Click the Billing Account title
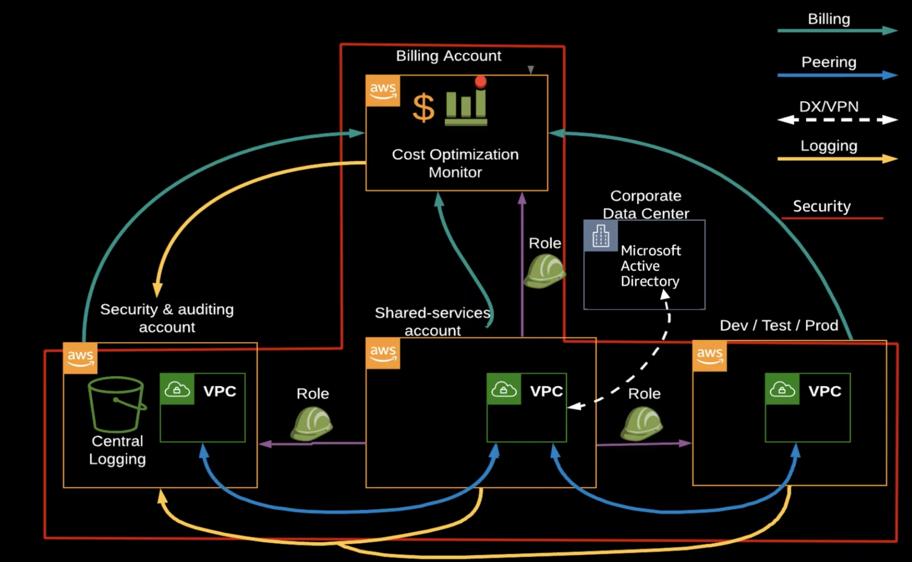(448, 56)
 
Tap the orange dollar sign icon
(423, 107)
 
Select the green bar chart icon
(466, 107)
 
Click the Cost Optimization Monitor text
(455, 163)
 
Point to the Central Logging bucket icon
(117, 404)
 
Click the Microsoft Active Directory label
(650, 266)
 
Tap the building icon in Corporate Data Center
(601, 236)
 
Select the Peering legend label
(829, 62)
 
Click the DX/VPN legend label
(829, 107)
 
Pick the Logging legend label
(829, 146)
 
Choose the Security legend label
(822, 206)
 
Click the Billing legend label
(829, 19)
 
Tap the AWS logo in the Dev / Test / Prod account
(709, 356)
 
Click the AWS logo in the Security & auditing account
(80, 358)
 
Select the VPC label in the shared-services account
(546, 391)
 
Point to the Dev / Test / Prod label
(778, 325)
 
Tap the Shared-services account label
(432, 321)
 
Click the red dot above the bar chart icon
(481, 81)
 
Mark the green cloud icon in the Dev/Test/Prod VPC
(782, 389)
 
